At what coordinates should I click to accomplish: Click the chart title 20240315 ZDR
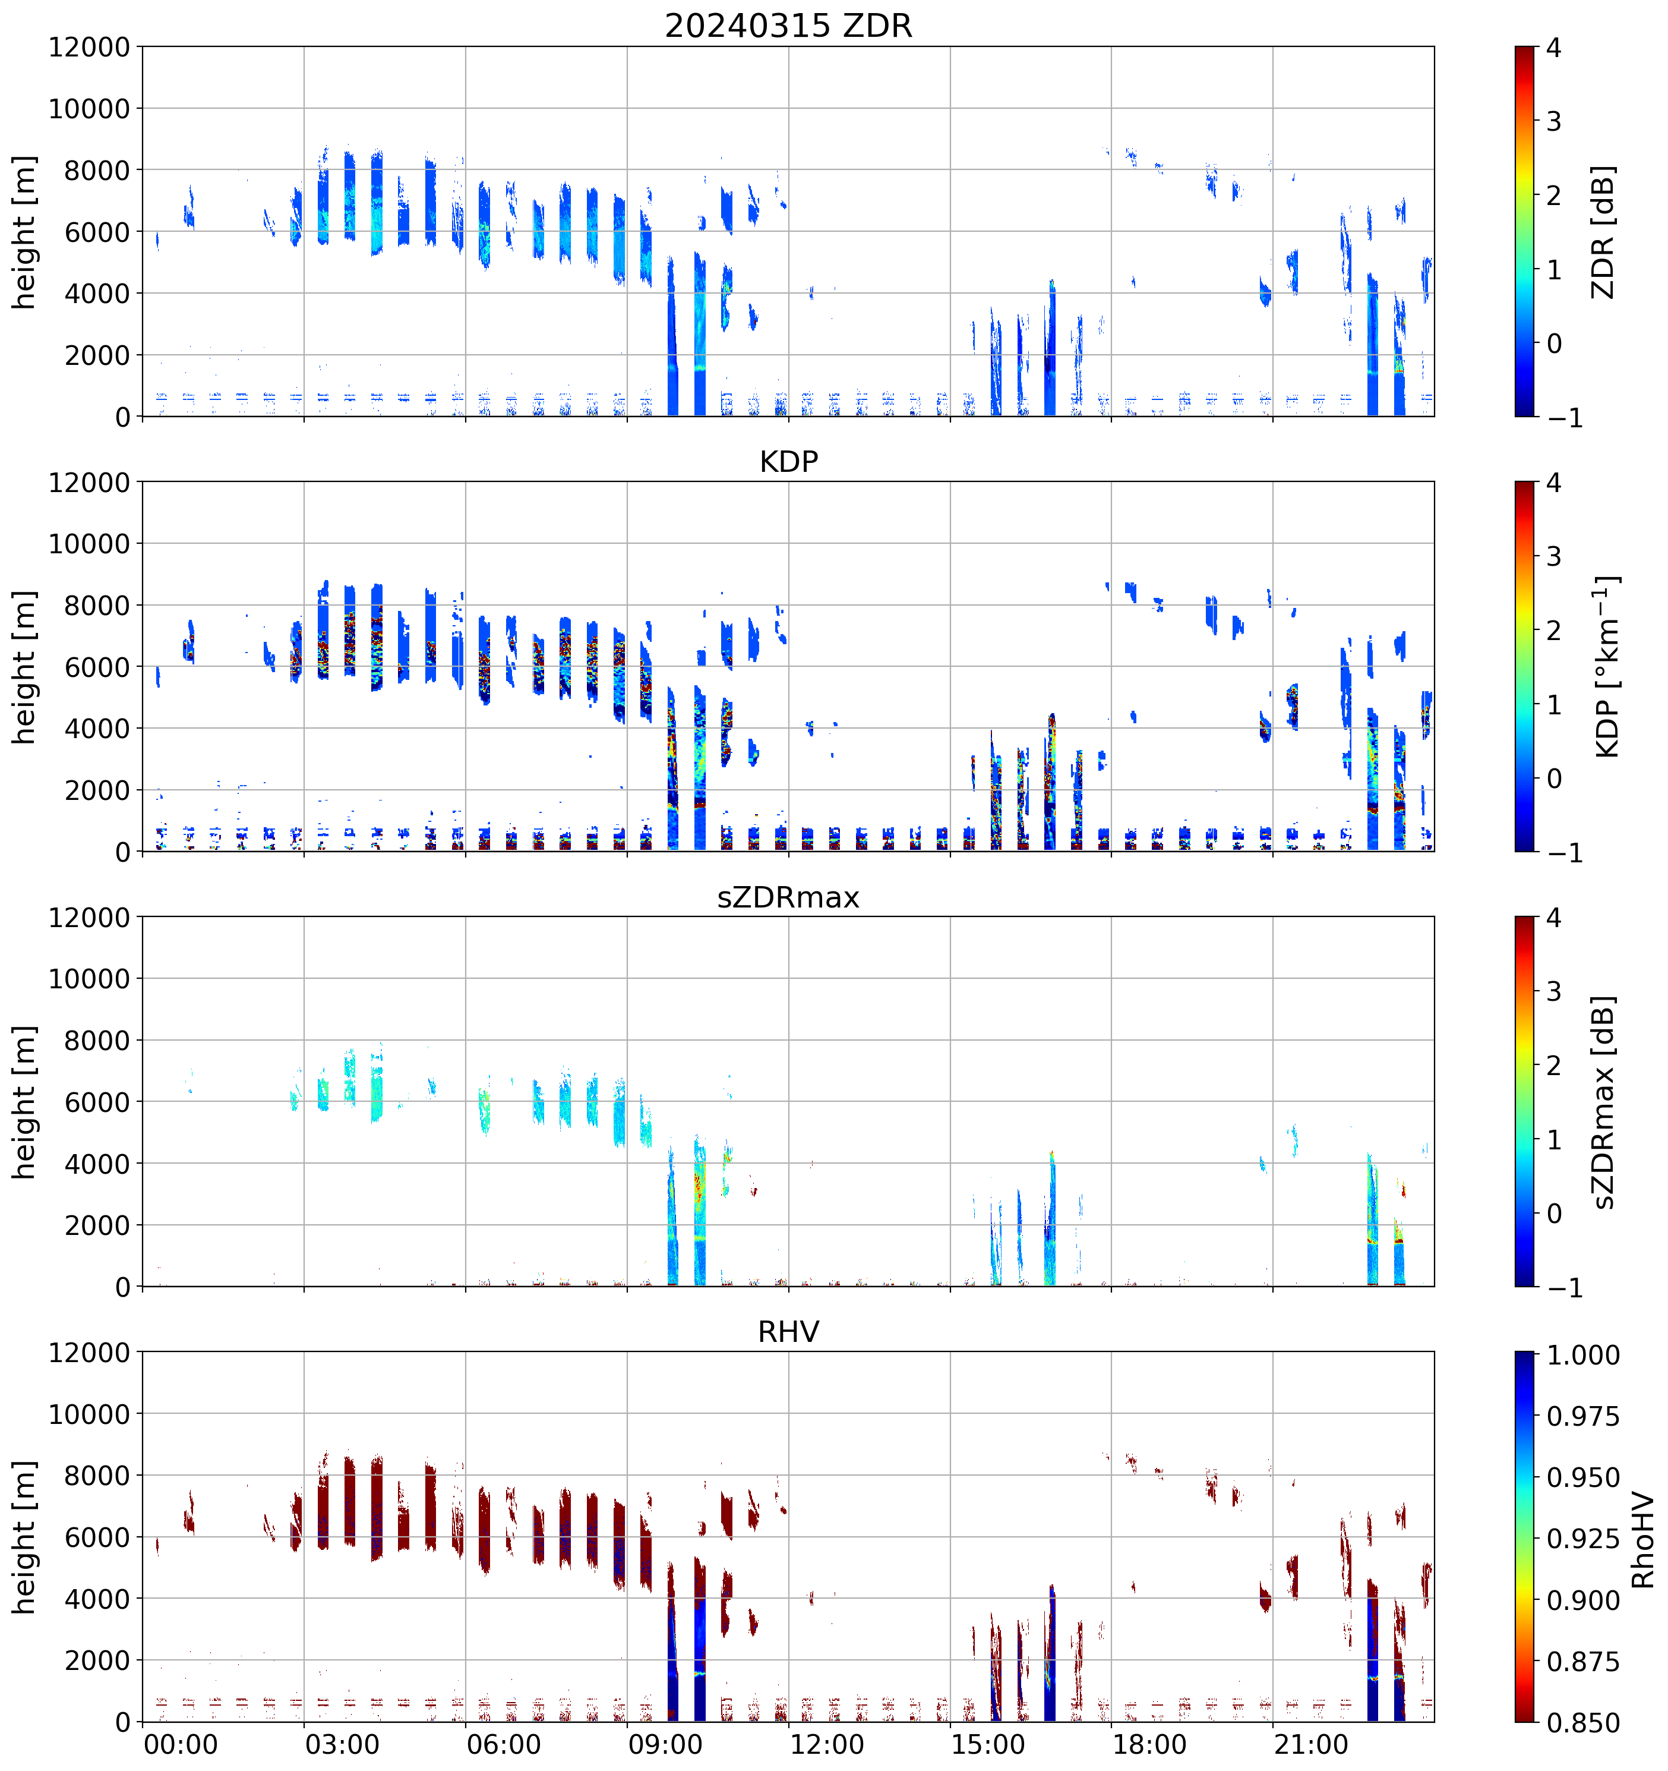click(x=788, y=26)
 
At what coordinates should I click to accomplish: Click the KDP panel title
click(x=788, y=461)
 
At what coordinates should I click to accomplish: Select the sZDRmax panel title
click(x=788, y=897)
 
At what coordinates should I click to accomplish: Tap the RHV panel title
click(x=788, y=1332)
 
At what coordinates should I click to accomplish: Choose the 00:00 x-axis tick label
click(x=181, y=1744)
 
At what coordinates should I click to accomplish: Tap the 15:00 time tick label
click(x=988, y=1744)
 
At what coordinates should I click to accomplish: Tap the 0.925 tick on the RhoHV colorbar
click(x=1582, y=1539)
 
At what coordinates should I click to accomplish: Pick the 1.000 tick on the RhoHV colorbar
click(x=1582, y=1355)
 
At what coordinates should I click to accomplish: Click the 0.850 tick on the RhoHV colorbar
click(x=1582, y=1723)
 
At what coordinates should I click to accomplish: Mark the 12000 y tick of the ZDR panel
click(x=89, y=47)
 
